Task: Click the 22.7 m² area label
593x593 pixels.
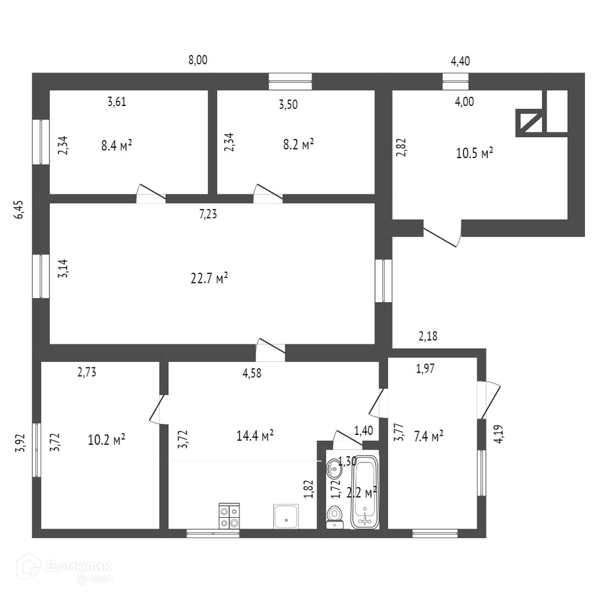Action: [x=209, y=279]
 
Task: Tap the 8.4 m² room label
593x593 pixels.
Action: [x=116, y=146]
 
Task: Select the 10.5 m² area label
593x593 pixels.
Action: [x=474, y=153]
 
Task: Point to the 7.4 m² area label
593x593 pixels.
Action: [x=429, y=437]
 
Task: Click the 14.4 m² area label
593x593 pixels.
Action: [x=255, y=436]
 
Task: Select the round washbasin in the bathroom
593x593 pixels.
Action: [x=334, y=468]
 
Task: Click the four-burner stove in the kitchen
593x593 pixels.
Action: [x=230, y=516]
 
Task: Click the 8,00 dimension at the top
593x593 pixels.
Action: [x=198, y=61]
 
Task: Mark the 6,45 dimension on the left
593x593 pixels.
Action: [x=19, y=210]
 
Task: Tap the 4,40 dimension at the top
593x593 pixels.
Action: [x=460, y=61]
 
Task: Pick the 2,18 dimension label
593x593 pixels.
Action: [x=428, y=337]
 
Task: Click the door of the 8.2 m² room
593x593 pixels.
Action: [x=268, y=193]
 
